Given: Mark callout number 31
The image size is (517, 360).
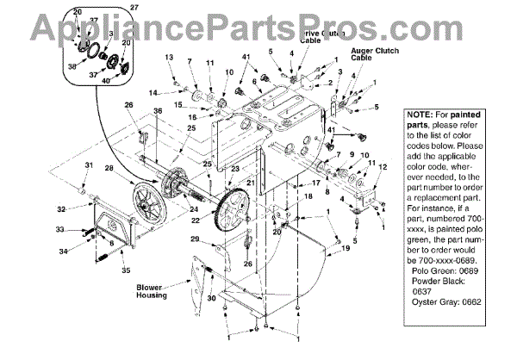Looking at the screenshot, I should click(x=89, y=165).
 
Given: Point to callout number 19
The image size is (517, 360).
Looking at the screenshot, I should click(x=346, y=248).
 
